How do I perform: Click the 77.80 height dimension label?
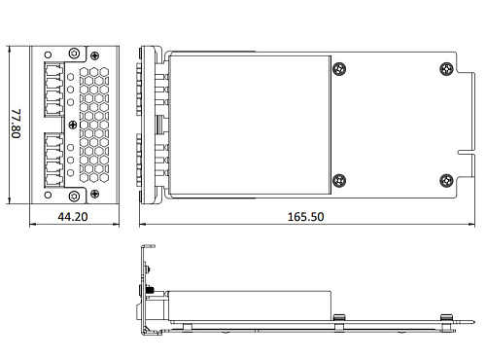(15, 124)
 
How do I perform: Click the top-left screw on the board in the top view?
(338, 68)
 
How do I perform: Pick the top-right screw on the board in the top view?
(445, 68)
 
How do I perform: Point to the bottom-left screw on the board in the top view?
(338, 179)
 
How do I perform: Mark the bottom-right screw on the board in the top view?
(445, 179)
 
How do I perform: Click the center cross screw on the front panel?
(72, 124)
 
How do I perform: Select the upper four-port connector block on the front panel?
(54, 84)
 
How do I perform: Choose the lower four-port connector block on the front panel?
(54, 161)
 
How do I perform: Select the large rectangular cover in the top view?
(249, 124)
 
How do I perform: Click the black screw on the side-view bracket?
(151, 290)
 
